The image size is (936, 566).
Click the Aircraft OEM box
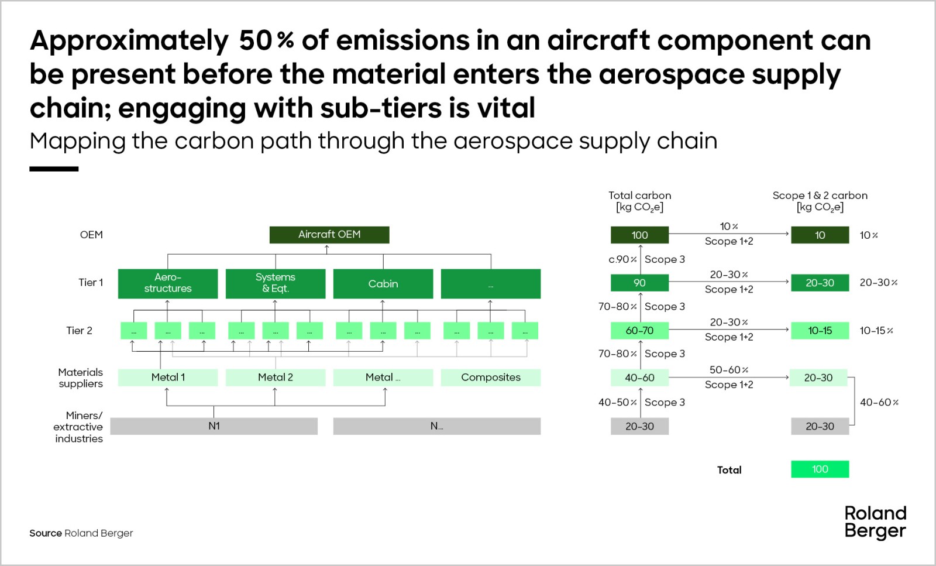pyautogui.click(x=329, y=235)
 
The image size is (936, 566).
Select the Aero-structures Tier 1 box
pyautogui.click(x=168, y=283)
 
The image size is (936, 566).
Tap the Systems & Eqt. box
pyautogui.click(x=275, y=283)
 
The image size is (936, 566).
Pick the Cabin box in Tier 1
pyautogui.click(x=383, y=283)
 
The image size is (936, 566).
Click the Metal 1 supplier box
pyautogui.click(x=168, y=378)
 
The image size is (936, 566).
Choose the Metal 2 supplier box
pyautogui.click(x=275, y=378)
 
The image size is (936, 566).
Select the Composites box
pyautogui.click(x=490, y=378)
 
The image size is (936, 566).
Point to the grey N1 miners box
pyautogui.click(x=214, y=426)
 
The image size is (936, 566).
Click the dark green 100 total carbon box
pyautogui.click(x=639, y=235)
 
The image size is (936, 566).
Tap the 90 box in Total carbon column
pyautogui.click(x=639, y=283)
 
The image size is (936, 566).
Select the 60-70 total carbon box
pyautogui.click(x=639, y=331)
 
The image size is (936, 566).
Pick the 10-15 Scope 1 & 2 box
pyautogui.click(x=820, y=331)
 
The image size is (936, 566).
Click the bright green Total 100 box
pyautogui.click(x=820, y=469)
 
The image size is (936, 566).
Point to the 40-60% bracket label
pyautogui.click(x=879, y=402)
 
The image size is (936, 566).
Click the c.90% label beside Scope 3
pyautogui.click(x=622, y=259)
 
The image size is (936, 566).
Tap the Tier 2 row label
pyautogui.click(x=79, y=331)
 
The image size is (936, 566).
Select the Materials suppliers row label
pyautogui.click(x=80, y=378)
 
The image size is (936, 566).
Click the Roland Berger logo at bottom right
pyautogui.click(x=875, y=522)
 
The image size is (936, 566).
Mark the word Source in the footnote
pyautogui.click(x=46, y=533)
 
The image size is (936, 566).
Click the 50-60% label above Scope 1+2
pyautogui.click(x=729, y=370)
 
